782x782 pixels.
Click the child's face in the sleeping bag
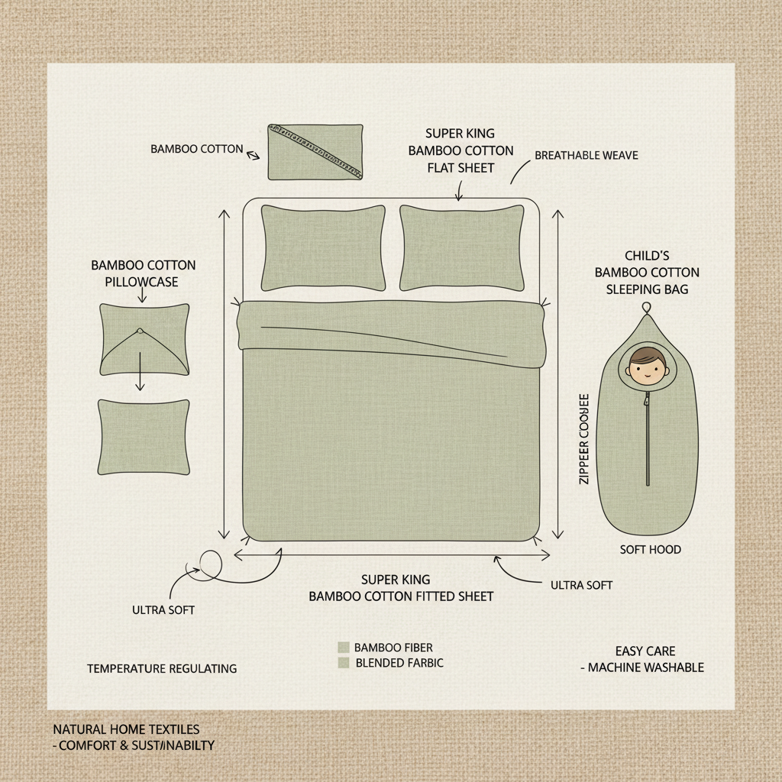(646, 367)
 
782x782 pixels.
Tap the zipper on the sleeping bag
(647, 439)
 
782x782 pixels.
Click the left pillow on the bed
(323, 247)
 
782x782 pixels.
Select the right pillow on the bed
(461, 247)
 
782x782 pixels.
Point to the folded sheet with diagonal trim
(315, 152)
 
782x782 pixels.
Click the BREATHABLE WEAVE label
(586, 155)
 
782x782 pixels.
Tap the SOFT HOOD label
(649, 549)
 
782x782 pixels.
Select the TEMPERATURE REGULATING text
(162, 668)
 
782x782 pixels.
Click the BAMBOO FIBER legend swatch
(343, 647)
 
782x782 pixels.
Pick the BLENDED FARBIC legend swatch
(343, 663)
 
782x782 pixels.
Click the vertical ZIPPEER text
(584, 439)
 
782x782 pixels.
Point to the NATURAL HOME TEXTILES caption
(126, 730)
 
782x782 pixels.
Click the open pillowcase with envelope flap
(144, 339)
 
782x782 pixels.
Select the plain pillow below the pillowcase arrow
(144, 437)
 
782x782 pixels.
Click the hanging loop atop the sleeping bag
(647, 308)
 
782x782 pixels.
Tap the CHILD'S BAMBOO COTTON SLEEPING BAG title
(647, 272)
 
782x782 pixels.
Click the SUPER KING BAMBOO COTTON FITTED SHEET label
(400, 588)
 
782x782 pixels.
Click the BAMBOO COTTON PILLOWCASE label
(143, 273)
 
